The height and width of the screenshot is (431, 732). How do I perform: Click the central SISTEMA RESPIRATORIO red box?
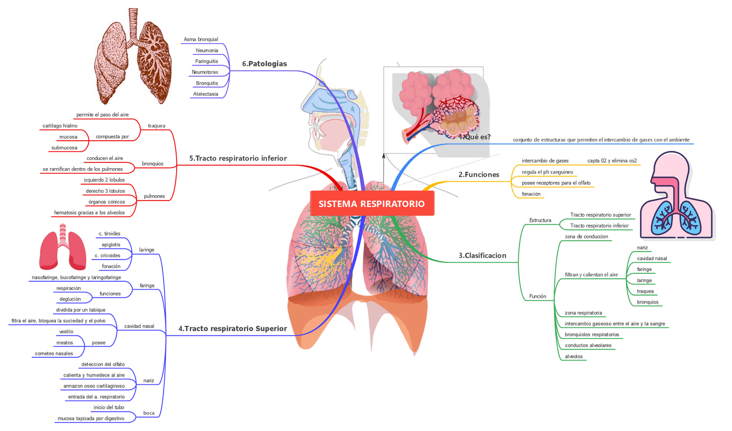[372, 203]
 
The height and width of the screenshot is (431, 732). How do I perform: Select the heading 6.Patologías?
[264, 63]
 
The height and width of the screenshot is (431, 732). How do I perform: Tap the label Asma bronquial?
[201, 39]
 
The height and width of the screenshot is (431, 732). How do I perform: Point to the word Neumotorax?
[205, 72]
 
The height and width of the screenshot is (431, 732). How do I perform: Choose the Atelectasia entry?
[205, 94]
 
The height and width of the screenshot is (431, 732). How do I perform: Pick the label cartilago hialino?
[60, 126]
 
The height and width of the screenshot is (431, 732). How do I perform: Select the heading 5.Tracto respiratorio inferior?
[238, 158]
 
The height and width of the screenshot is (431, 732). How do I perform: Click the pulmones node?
[154, 196]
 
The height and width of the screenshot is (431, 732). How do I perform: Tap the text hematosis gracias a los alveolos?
[89, 213]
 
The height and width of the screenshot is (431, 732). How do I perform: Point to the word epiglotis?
[111, 245]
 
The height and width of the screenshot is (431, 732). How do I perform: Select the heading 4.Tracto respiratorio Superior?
[232, 329]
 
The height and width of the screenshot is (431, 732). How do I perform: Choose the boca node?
[149, 413]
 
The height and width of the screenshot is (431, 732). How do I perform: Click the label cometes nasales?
[54, 353]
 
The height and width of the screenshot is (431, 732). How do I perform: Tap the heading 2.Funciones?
[479, 174]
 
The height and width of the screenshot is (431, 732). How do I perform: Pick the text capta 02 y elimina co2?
[612, 161]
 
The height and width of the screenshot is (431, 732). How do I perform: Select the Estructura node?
[540, 220]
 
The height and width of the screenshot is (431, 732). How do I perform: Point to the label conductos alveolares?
[588, 345]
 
